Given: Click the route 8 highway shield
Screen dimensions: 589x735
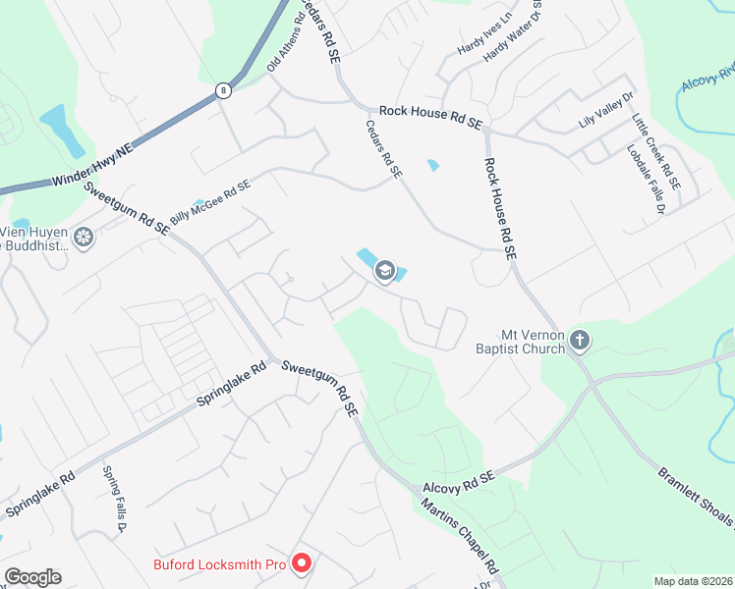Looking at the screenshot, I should tap(224, 90).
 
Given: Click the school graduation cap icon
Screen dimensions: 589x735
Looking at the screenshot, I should tap(384, 270).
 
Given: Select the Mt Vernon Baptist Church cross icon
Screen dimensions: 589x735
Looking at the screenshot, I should tap(580, 341).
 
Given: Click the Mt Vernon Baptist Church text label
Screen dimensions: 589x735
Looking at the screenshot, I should tap(520, 341).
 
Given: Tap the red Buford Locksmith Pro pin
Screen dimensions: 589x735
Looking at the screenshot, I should tap(302, 563).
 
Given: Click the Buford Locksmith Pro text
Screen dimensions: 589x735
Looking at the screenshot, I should tap(219, 564).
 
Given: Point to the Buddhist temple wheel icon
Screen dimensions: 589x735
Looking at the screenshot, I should tap(85, 237).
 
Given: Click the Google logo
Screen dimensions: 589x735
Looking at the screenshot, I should tap(32, 577).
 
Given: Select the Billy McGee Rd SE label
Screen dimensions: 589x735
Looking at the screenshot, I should tap(210, 203).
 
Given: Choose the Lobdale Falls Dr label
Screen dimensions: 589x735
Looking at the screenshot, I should tap(647, 181).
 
